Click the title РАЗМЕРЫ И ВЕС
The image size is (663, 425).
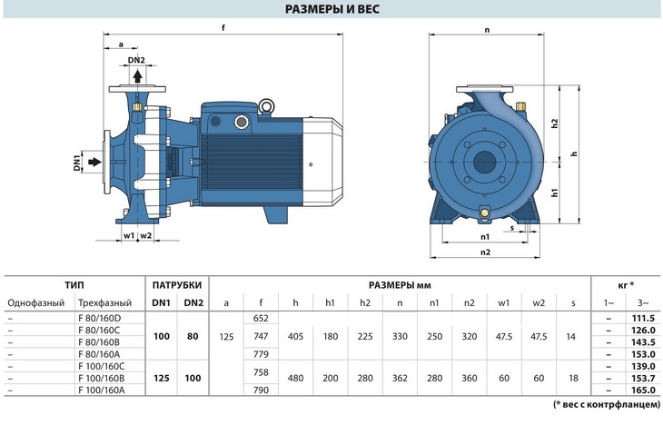(331, 9)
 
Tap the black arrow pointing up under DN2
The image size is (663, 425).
(137, 75)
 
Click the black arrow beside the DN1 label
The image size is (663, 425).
(95, 162)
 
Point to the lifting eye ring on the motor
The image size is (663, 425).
(266, 105)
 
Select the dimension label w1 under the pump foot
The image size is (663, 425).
(129, 235)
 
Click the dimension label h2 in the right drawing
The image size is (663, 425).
(555, 124)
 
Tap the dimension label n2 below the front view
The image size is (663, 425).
(485, 252)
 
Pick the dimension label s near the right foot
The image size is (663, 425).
(512, 228)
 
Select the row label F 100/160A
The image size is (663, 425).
(102, 390)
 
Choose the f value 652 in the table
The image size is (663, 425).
(261, 318)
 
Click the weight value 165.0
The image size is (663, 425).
(643, 390)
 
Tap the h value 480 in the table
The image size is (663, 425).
(295, 378)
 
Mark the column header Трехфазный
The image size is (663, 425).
(104, 302)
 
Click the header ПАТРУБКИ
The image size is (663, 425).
(177, 285)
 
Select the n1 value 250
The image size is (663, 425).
(434, 337)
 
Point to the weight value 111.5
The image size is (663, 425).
(643, 318)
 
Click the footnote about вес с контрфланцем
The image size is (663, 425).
(607, 404)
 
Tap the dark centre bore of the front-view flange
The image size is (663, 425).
(484, 162)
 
